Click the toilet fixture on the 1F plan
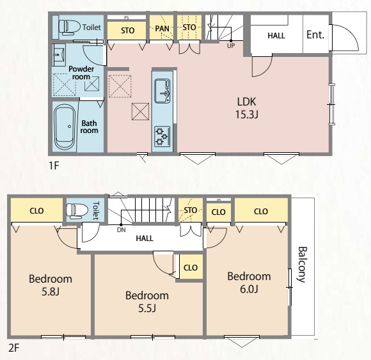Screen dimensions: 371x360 pos(69,26)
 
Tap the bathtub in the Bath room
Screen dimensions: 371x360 pos(64,127)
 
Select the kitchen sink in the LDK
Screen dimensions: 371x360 pos(162,91)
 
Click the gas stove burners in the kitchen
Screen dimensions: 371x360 pos(162,136)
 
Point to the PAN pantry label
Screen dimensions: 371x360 pos(162,29)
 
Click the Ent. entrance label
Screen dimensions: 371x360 pos(315,35)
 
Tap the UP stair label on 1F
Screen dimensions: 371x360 pos(231,45)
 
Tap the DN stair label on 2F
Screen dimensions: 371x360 pos(121,230)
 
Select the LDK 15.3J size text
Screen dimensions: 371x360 pos(246,114)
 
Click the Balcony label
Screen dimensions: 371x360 pos(302,265)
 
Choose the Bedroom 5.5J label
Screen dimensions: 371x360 pos(147,302)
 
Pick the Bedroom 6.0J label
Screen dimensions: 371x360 pos(249,283)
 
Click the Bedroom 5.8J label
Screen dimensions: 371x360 pos(51,285)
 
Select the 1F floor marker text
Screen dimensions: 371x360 pos(54,166)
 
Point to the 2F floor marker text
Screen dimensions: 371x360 pos(13,348)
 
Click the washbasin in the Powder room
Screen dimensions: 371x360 pos(59,55)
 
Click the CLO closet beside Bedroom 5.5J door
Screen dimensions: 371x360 pos(191,267)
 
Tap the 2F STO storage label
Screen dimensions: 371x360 pos(191,210)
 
